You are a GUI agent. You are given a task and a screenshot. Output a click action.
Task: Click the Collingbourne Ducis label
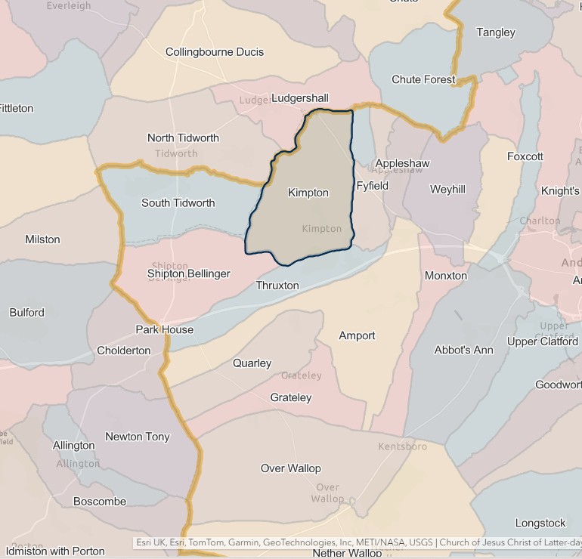coord(215,52)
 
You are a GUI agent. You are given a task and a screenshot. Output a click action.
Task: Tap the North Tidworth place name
coord(183,138)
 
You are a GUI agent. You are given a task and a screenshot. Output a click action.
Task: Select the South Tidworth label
coord(178,203)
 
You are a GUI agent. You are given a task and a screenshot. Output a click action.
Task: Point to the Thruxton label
coord(277,286)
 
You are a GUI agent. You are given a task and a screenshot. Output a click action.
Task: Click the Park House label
coord(165,329)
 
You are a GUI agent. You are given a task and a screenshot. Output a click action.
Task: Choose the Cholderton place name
coord(124,351)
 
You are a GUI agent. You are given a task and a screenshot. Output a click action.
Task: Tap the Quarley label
coord(252,363)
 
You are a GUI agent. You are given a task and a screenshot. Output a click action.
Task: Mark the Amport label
coord(357,335)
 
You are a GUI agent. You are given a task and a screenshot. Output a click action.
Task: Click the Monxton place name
coord(446,276)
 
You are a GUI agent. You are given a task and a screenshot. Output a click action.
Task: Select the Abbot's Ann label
coord(464,350)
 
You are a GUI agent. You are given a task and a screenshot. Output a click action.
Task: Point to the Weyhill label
coord(447,190)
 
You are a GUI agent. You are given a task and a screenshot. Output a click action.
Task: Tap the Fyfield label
coord(372,186)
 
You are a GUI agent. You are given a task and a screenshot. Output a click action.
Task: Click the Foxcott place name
coord(525,156)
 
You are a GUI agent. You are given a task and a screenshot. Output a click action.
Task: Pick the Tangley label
coord(496,32)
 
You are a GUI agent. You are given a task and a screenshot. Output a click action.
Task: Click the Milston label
coord(42,239)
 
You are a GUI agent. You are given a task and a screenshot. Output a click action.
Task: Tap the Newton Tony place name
coord(138,437)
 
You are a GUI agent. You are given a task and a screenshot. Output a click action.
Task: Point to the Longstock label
coord(540,523)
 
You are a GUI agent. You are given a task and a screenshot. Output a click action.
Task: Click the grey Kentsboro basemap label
coord(403,446)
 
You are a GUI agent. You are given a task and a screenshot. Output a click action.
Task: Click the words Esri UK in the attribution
coord(150,542)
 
